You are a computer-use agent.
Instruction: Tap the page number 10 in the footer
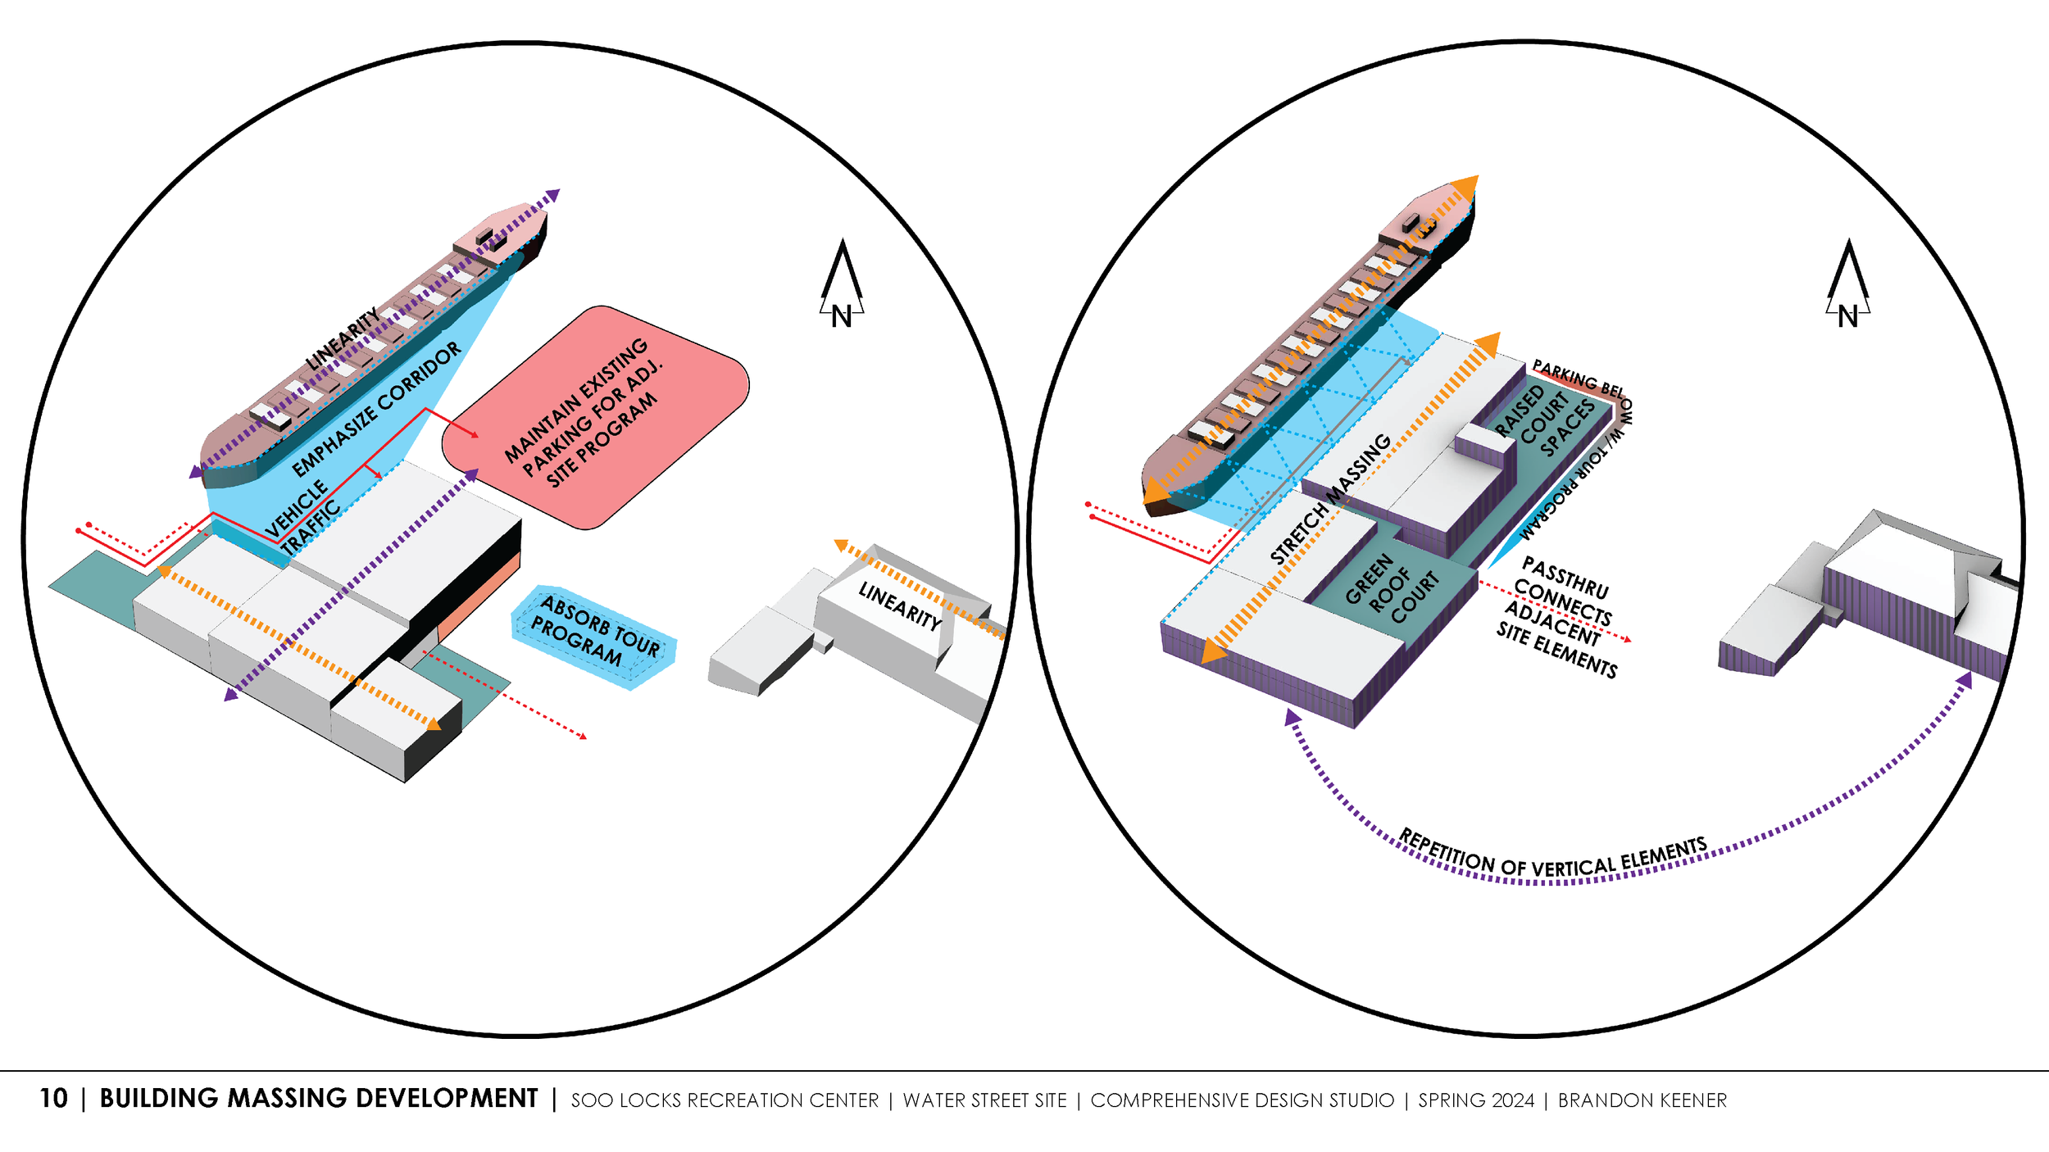[54, 1099]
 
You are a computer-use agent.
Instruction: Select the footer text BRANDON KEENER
[1642, 1100]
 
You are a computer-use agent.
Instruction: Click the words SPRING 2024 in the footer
[1476, 1100]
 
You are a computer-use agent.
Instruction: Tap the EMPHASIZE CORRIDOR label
[376, 409]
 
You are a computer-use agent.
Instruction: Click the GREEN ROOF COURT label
[1391, 587]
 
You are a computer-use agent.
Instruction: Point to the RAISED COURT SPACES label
[1543, 420]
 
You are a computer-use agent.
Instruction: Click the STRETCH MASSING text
[1329, 498]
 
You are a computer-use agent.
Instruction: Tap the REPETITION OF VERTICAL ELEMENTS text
[1552, 856]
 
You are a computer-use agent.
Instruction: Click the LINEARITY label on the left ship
[343, 338]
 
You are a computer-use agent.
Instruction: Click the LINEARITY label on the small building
[899, 605]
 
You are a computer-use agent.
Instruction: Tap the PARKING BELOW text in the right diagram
[1577, 379]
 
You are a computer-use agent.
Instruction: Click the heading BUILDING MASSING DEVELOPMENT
[318, 1099]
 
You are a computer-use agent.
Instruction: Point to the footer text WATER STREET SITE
[984, 1100]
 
